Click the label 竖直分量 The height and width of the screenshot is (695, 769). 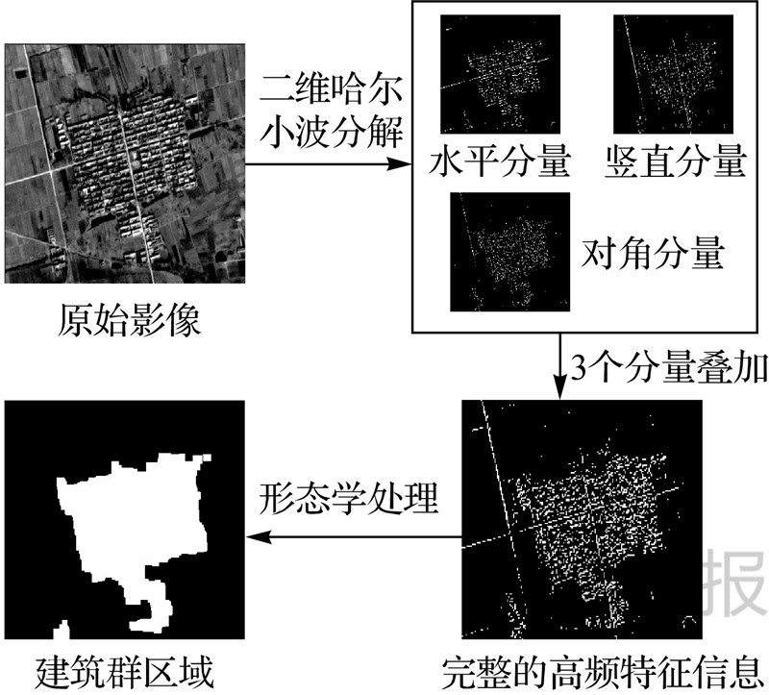point(677,161)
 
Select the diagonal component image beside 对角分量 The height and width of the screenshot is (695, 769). point(510,251)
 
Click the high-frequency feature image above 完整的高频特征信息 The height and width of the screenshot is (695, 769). point(582,519)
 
